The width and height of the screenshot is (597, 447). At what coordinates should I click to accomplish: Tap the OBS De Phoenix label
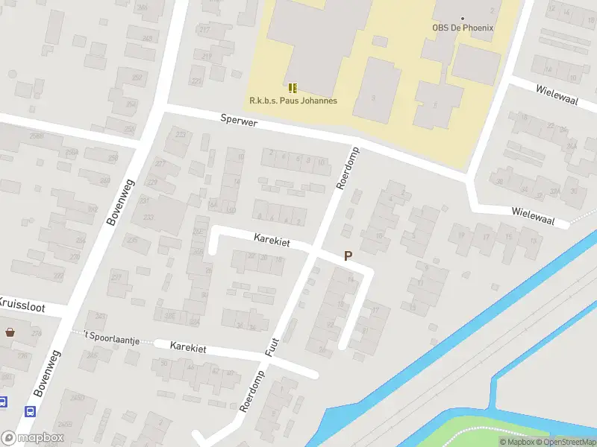click(463, 28)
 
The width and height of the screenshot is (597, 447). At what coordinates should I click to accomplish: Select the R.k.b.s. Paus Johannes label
click(293, 101)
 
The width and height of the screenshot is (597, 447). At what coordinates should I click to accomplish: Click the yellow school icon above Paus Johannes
click(293, 87)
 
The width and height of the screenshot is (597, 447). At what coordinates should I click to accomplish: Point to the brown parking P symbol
click(348, 256)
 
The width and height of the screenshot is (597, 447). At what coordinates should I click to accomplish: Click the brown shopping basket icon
click(10, 332)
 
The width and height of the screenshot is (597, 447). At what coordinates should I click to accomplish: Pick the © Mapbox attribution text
click(518, 442)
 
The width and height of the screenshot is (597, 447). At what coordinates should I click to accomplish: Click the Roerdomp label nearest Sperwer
click(348, 168)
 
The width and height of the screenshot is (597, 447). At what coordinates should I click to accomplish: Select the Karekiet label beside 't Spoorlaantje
click(187, 347)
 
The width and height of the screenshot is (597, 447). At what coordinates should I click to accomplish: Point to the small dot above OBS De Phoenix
click(463, 18)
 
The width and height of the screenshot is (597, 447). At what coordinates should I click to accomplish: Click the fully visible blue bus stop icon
click(31, 410)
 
